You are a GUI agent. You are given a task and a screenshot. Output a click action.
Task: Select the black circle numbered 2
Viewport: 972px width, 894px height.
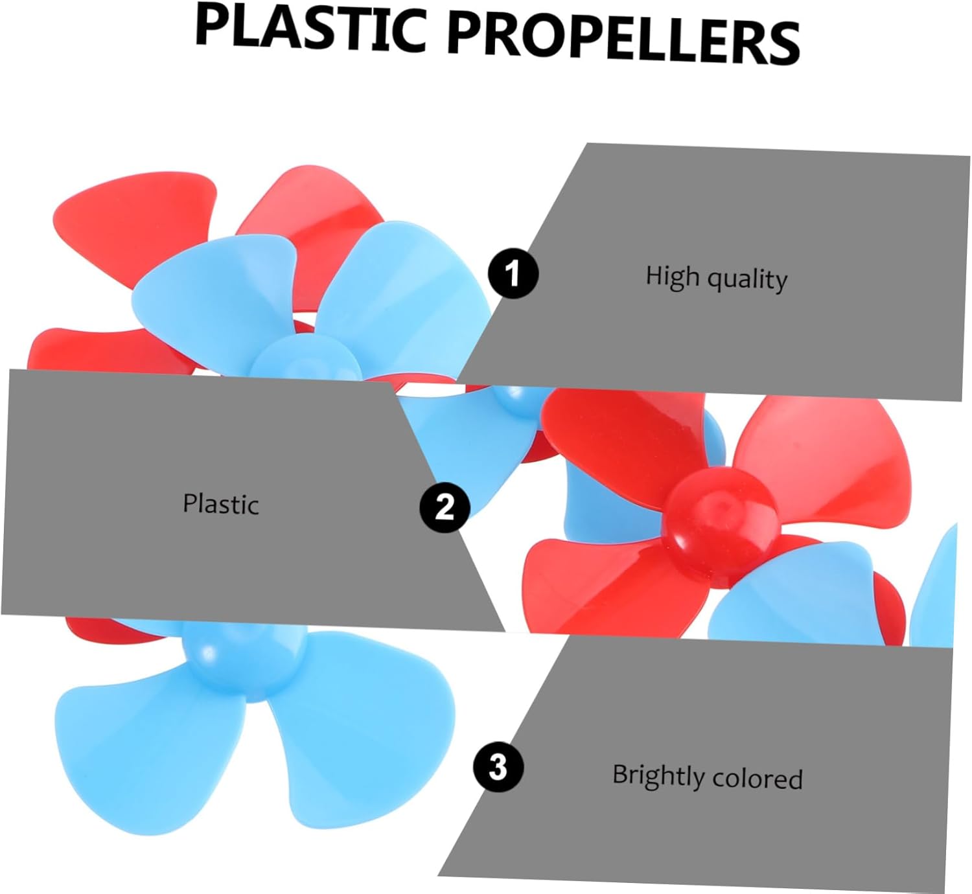tap(445, 507)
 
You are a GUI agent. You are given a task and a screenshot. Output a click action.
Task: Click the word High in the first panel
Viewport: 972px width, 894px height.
tap(673, 276)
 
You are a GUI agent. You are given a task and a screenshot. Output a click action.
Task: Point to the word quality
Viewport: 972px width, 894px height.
tap(747, 280)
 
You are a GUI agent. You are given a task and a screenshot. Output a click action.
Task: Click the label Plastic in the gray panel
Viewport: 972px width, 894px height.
tap(220, 504)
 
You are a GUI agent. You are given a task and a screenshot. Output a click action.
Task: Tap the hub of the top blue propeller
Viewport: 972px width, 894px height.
tap(305, 357)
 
